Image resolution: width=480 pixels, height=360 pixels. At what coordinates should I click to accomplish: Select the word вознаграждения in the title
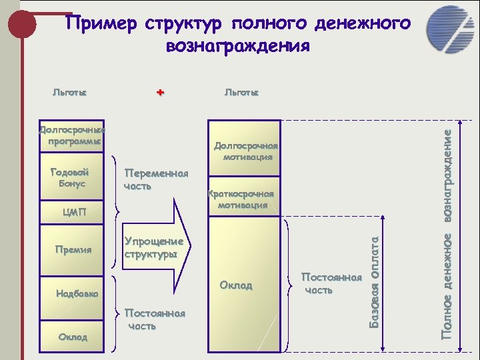[x=237, y=46]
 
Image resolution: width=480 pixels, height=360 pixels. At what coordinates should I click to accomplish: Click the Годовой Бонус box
[x=72, y=177]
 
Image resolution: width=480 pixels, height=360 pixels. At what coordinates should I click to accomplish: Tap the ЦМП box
[x=72, y=213]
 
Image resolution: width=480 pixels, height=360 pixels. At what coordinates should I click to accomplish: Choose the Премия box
[x=72, y=249]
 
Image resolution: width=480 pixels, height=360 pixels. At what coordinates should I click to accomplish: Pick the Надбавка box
[x=72, y=293]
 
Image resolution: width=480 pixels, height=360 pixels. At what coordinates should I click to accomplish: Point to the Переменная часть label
[x=156, y=179]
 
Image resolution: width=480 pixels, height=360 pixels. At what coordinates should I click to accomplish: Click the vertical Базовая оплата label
[x=376, y=281]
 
